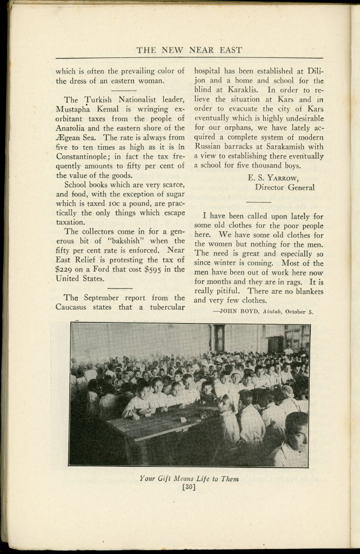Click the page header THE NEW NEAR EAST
[189, 50]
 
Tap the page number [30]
[189, 487]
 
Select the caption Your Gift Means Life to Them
[189, 478]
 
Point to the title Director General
[285, 187]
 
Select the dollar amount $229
[66, 269]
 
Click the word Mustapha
[79, 109]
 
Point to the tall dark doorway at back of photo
[219, 339]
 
